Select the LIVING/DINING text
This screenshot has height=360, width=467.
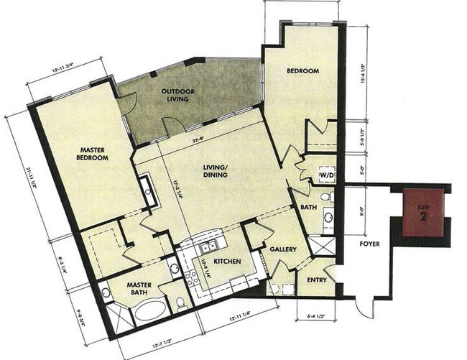coord(215,171)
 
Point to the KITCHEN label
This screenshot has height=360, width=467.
coord(226,261)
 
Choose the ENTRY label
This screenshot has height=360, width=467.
coord(316,280)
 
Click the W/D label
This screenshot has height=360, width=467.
coord(327,175)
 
